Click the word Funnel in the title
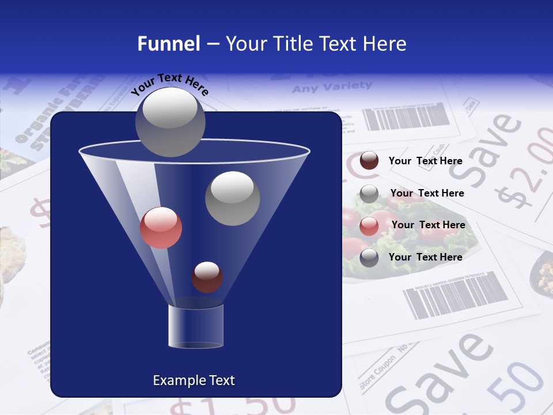click(169, 44)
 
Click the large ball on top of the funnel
click(170, 122)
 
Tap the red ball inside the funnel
click(161, 228)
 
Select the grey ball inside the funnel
click(232, 198)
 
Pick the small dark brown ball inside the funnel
click(207, 277)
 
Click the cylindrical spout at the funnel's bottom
click(196, 326)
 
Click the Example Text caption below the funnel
click(194, 380)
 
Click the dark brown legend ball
click(369, 160)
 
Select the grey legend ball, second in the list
click(369, 193)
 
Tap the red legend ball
click(369, 225)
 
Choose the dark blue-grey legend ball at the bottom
click(369, 257)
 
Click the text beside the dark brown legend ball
click(426, 161)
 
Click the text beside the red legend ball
click(428, 225)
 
